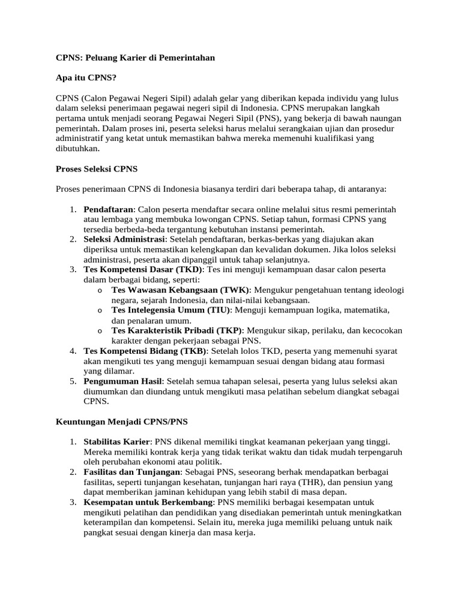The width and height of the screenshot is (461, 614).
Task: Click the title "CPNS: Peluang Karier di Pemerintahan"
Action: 135,58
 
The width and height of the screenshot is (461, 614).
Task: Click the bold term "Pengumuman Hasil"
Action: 123,381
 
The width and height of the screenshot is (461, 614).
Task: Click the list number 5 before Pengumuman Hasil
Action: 71,381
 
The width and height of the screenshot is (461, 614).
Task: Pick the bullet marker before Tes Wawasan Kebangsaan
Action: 98,290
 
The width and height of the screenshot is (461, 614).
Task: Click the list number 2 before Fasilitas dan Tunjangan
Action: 71,472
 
